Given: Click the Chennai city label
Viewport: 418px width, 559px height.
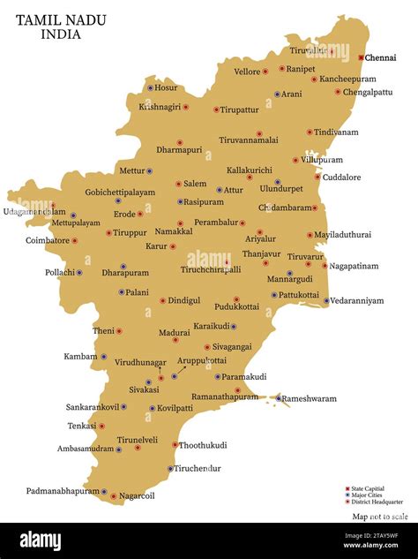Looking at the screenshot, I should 382,58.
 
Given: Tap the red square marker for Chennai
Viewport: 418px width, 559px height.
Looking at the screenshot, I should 362,57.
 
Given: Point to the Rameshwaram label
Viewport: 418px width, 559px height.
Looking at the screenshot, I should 311,398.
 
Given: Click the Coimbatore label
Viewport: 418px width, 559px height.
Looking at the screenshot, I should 47,240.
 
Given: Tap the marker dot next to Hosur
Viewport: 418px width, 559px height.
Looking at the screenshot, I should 151,87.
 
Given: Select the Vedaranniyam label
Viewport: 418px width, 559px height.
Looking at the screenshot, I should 358,301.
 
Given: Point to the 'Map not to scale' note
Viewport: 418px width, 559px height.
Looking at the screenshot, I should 380,517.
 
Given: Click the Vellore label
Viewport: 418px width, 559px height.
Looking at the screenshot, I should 248,72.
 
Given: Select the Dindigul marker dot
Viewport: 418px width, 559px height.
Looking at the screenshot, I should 162,300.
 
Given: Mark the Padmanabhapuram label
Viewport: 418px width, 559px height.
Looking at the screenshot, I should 62,491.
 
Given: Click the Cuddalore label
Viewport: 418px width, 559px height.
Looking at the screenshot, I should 342,178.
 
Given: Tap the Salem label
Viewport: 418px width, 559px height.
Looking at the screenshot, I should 195,184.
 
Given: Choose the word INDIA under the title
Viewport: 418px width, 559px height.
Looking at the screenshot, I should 60,35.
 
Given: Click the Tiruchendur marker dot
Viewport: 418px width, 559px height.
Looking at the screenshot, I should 170,468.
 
